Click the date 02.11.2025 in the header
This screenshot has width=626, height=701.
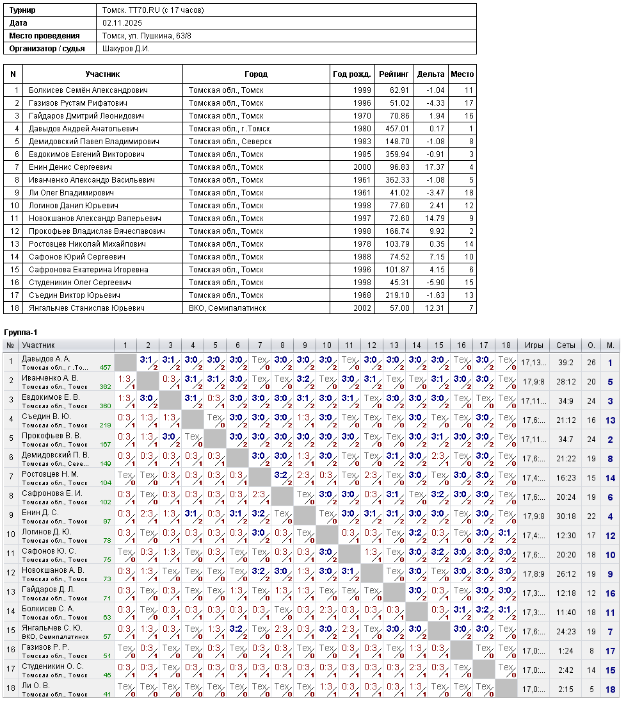[122, 23]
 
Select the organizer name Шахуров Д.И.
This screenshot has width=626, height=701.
[126, 49]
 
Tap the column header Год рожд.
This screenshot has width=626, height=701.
[351, 74]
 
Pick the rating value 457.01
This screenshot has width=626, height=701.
[397, 129]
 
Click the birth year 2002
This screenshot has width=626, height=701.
[362, 308]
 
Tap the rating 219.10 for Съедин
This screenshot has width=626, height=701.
[397, 295]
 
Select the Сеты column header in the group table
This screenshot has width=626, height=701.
[566, 345]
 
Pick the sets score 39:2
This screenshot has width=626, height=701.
[566, 363]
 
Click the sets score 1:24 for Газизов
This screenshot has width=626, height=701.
[566, 651]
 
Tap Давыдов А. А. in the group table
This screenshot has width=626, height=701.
[46, 359]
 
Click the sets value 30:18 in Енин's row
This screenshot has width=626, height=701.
[566, 516]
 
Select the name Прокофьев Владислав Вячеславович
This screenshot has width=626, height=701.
[97, 231]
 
